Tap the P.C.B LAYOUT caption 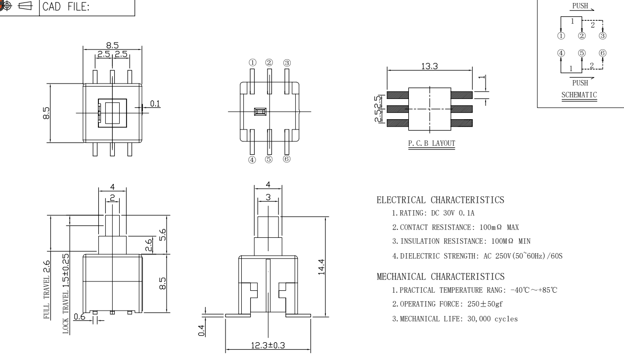(429, 144)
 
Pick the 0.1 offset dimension (155, 103)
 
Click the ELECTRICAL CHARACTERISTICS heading (441, 200)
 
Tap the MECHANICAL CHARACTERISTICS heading (441, 275)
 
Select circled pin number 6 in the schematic (603, 53)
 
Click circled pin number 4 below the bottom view (252, 159)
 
